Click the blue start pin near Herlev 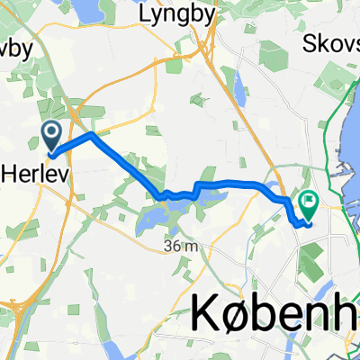tap(52, 137)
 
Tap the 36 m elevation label tap(180, 246)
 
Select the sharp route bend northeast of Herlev tap(92, 135)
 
